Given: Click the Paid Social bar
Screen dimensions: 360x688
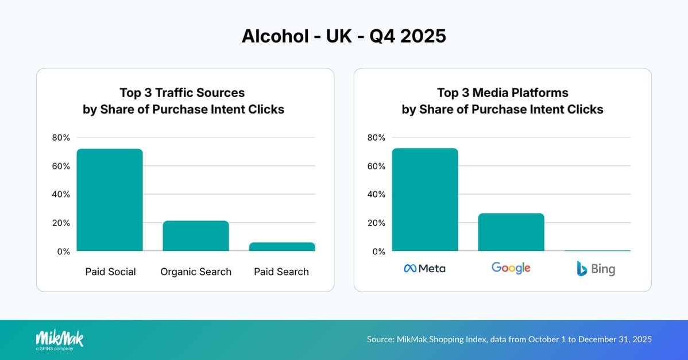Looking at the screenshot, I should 110,200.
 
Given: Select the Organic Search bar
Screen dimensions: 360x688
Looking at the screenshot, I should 196,236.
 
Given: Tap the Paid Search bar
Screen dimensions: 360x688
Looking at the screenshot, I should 282,247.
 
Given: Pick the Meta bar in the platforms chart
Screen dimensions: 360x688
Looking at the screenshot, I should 425,200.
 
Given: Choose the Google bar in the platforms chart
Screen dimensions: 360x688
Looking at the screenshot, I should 511,232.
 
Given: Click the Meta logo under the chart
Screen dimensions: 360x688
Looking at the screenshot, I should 425,268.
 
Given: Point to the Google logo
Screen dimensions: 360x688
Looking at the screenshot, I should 511,268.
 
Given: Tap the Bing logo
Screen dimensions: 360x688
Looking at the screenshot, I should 596,268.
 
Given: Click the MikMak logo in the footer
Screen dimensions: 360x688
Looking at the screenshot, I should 59,339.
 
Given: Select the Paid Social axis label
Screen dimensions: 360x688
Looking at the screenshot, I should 110,272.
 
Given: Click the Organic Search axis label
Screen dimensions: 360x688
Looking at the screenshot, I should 196,272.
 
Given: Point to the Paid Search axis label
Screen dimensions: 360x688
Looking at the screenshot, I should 281,272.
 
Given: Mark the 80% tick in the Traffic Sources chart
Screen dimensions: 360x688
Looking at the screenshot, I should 60,137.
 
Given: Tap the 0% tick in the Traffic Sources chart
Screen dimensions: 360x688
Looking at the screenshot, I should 63,251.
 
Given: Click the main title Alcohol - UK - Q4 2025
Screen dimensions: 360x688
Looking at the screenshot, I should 343,36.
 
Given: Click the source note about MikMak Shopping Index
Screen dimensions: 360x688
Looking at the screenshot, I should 509,339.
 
